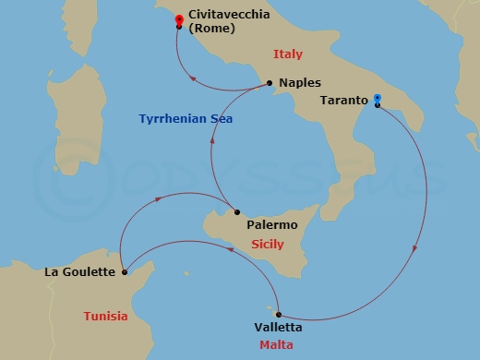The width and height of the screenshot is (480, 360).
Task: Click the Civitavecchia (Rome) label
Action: pos(226,22)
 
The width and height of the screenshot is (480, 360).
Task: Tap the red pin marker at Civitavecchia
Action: pos(179,19)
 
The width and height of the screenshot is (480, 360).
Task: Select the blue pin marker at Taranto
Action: pos(378,100)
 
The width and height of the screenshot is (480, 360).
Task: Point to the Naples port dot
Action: pos(269,83)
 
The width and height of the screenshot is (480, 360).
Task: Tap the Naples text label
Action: pos(299,83)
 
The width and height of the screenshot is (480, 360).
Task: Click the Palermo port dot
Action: pos(236,211)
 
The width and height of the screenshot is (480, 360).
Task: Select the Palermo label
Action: pos(272,224)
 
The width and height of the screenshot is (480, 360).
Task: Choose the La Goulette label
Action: pos(80,272)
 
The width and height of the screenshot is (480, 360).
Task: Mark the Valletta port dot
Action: pos(278,314)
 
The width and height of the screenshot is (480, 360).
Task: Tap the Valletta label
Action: pos(277,328)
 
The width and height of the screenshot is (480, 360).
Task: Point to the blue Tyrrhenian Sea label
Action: pos(186,120)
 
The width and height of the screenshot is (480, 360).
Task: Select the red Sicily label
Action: pos(268,245)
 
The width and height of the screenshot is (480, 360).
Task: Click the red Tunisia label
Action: pos(105,316)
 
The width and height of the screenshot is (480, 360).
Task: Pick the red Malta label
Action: pos(277,346)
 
